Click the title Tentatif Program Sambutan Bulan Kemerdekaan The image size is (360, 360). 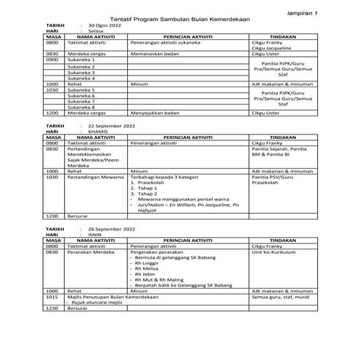180,16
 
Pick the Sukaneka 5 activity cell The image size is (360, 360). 81,89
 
